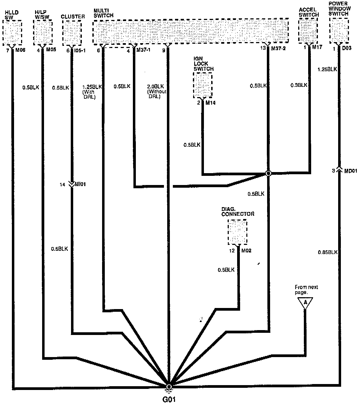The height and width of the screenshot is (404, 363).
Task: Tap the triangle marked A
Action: point(305,302)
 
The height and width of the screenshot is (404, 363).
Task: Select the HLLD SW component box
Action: point(12,32)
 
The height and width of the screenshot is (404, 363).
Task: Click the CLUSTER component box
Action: point(72,32)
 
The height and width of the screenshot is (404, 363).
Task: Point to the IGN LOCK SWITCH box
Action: point(203,85)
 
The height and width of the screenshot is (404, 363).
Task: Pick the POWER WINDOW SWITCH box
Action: point(339,30)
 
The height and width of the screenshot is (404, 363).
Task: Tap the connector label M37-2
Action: point(278,49)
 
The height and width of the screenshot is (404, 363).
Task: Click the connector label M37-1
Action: point(144,50)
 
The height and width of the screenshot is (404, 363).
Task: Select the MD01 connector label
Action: point(351,171)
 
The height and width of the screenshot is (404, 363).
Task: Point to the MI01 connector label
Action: point(80,185)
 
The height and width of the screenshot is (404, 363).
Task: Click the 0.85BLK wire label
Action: point(328,252)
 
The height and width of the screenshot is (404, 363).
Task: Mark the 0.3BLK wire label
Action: point(299,85)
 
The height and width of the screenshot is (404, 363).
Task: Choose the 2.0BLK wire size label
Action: point(155,87)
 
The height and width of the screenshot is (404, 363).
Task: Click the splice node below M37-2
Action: point(268,173)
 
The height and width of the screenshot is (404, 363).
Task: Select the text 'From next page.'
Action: point(306,290)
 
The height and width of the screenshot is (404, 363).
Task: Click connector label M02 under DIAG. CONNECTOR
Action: point(246,251)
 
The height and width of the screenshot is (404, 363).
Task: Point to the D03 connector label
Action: point(347,49)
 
